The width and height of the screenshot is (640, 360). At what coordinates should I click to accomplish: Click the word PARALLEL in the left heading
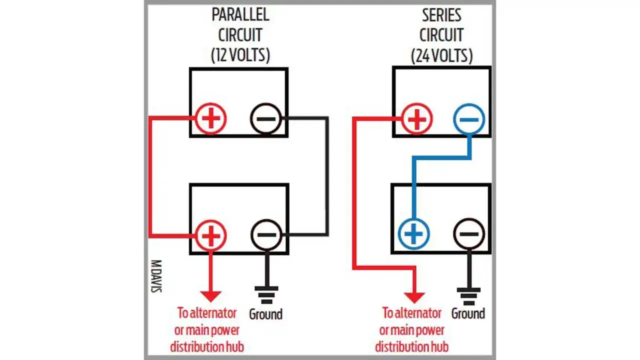point(240,15)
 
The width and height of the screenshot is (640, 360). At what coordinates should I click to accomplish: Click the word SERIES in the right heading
point(441,15)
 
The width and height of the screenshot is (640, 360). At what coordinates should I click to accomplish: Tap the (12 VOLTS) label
point(240,55)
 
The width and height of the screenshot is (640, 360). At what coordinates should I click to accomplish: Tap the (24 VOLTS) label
point(441,55)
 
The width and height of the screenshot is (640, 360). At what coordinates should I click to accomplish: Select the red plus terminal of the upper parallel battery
point(211,118)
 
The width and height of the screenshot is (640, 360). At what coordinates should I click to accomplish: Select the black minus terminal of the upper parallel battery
point(266,118)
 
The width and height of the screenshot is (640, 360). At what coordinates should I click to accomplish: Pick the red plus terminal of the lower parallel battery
point(211,236)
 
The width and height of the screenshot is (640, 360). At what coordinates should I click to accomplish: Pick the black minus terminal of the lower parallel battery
point(266,235)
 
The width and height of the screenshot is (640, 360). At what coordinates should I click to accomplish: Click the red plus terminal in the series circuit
point(417,119)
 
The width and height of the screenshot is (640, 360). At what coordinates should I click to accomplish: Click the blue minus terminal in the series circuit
point(469,119)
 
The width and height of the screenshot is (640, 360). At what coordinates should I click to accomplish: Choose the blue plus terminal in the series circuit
point(413,234)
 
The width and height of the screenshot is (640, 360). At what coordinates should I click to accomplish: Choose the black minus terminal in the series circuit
point(469,234)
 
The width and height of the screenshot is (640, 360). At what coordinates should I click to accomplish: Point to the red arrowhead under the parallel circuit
point(211,296)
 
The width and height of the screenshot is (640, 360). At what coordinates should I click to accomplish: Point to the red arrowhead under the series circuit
point(414,297)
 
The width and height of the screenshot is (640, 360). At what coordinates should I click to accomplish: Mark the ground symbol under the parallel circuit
point(266,295)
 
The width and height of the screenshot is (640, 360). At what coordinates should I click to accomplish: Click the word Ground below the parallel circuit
point(265,314)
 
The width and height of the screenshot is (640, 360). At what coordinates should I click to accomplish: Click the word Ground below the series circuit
point(468,313)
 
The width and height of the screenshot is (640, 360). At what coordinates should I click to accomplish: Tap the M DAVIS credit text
point(156,276)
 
